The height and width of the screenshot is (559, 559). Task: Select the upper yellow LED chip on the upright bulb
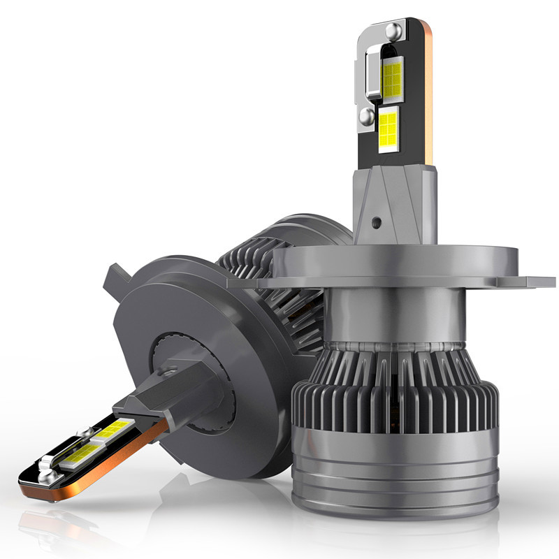coord(392,77)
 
